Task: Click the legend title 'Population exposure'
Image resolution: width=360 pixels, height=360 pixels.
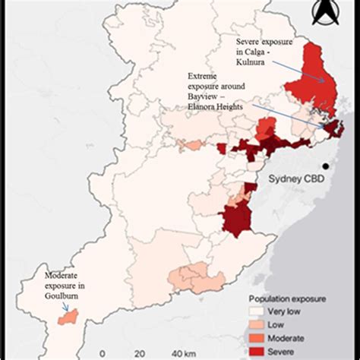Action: [x=289, y=300]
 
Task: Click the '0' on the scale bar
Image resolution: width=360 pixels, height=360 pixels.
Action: [x=101, y=353]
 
